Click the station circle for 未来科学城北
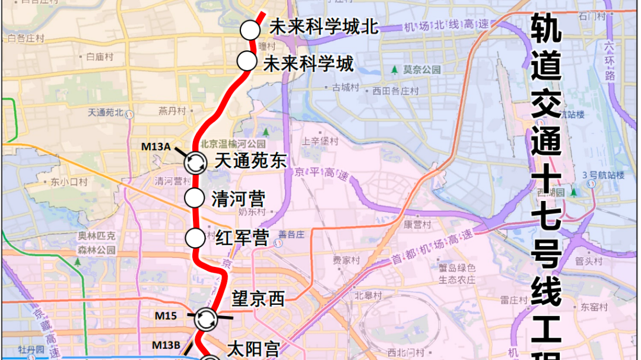click(250, 30)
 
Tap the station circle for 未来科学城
click(246, 60)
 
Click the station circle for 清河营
click(194, 198)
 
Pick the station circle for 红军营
click(194, 238)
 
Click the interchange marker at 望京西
click(205, 318)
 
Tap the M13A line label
click(156, 146)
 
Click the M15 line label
click(166, 316)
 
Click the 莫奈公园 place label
click(422, 69)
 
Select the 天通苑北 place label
click(105, 112)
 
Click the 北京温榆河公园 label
click(233, 144)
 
